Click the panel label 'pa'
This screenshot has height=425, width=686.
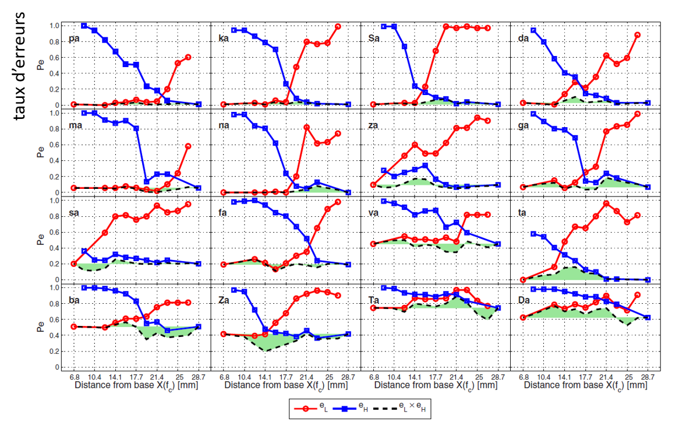click(x=74, y=39)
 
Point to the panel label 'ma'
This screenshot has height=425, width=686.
click(x=75, y=125)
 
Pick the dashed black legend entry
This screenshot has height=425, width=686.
click(x=402, y=408)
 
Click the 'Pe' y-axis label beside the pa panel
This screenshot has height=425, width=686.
click(x=40, y=65)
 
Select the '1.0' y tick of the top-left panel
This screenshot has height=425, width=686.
click(x=54, y=26)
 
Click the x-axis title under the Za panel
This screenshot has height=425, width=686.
click(x=285, y=385)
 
